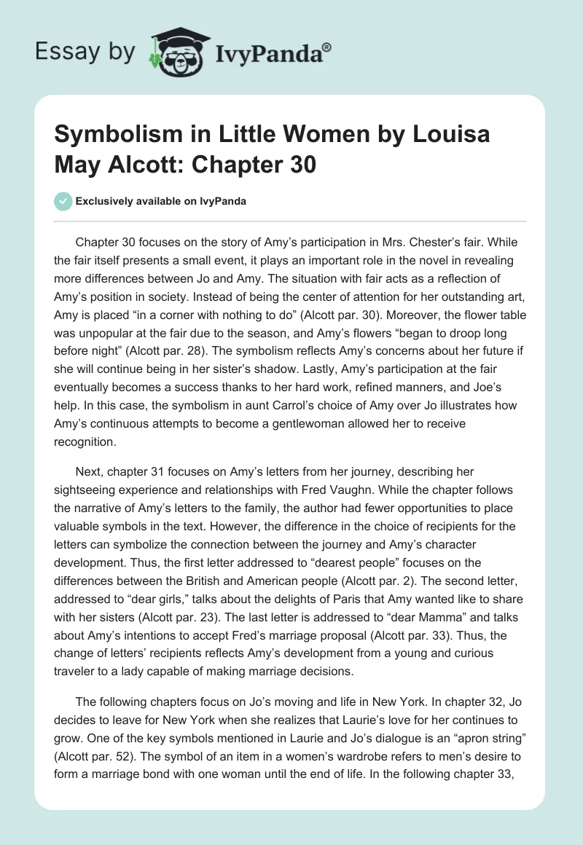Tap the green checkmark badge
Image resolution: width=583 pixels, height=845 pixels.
[63, 201]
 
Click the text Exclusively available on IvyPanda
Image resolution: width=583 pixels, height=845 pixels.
[160, 201]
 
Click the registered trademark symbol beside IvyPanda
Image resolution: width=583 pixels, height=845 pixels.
[327, 45]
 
